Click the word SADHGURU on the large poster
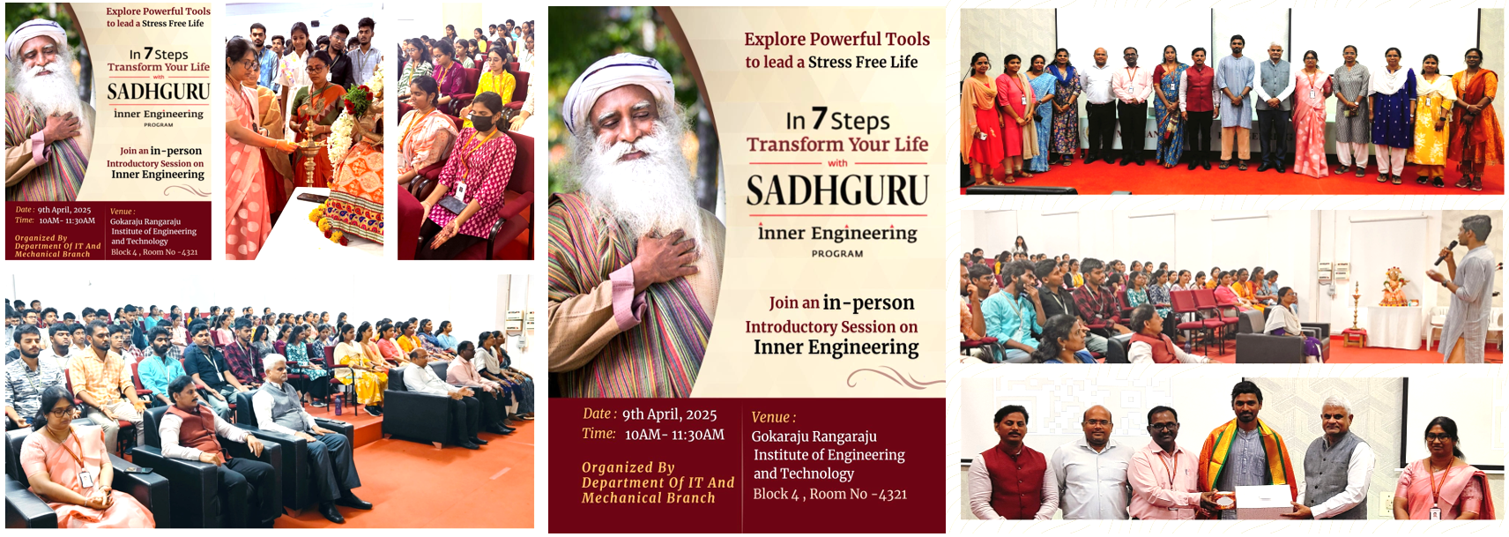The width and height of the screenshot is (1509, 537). (837, 190)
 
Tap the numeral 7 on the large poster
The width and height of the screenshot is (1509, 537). (819, 118)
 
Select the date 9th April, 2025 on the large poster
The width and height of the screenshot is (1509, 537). (669, 415)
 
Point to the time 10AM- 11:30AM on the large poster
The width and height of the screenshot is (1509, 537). (674, 436)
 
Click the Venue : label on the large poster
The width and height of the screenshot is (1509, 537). (773, 417)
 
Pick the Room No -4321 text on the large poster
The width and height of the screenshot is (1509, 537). (859, 494)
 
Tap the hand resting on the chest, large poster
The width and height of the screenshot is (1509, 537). (665, 259)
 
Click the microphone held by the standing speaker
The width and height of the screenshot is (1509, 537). (1446, 253)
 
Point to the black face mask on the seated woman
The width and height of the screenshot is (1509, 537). (481, 123)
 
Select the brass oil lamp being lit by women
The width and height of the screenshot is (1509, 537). (309, 145)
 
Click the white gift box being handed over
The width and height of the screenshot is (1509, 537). (1263, 501)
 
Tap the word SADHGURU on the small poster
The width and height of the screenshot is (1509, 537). (159, 92)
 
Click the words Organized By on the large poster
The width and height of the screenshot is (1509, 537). (628, 467)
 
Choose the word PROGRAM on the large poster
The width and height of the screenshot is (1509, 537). (837, 254)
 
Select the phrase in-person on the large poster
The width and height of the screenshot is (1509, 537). (868, 303)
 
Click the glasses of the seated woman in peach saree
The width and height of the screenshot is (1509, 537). (62, 411)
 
